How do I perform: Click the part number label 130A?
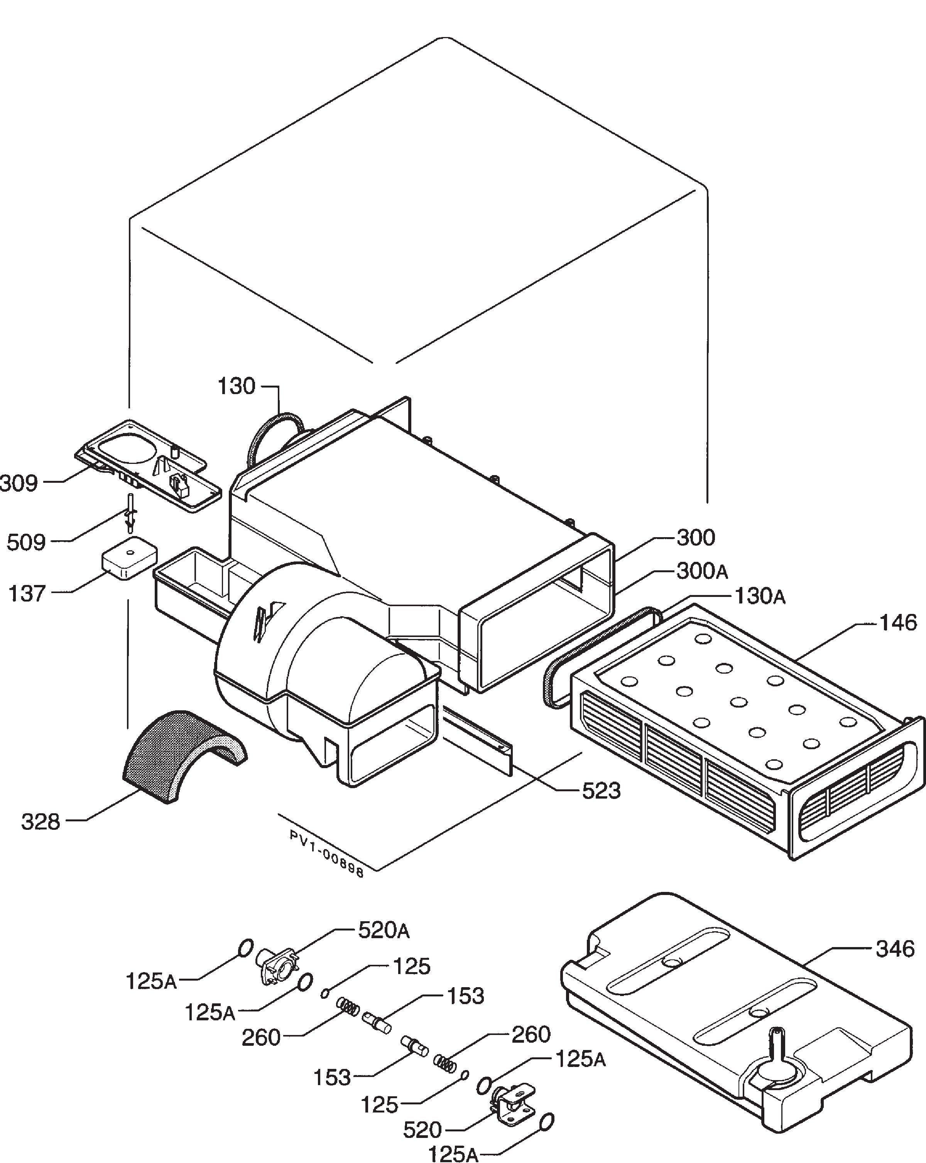(760, 596)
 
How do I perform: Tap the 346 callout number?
(895, 949)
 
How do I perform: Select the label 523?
(602, 791)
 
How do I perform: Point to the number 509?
(26, 542)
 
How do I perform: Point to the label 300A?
(702, 571)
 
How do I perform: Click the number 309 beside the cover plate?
(19, 483)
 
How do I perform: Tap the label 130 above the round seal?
(237, 386)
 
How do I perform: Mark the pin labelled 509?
(130, 511)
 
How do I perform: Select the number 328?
(41, 822)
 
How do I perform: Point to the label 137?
(27, 593)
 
